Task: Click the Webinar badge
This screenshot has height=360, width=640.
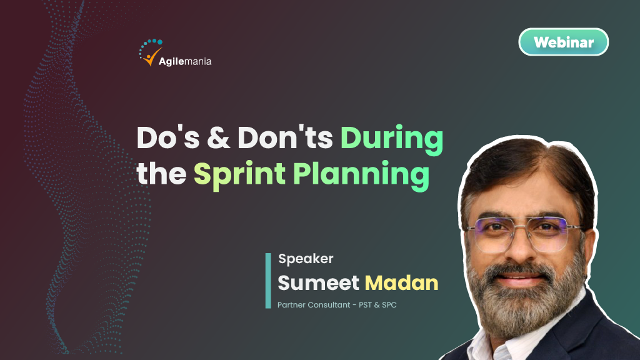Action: [563, 42]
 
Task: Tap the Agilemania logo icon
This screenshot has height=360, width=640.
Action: [151, 52]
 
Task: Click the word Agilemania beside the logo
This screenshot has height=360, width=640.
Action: [185, 62]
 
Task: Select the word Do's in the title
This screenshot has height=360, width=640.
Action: [168, 137]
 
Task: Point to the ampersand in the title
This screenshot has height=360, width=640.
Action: [218, 138]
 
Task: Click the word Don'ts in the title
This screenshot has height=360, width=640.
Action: [285, 137]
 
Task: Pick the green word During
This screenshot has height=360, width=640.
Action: [392, 141]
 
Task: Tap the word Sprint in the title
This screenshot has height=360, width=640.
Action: [239, 176]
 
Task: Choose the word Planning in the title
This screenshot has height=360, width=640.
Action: [361, 176]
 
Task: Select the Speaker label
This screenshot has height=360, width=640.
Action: [306, 259]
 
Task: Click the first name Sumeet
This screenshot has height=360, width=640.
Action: [318, 283]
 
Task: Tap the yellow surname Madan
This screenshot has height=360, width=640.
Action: [401, 283]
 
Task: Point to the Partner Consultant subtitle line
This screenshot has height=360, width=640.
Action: [337, 305]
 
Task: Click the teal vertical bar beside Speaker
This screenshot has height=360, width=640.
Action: [268, 281]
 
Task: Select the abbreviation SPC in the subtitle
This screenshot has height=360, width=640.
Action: [389, 305]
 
